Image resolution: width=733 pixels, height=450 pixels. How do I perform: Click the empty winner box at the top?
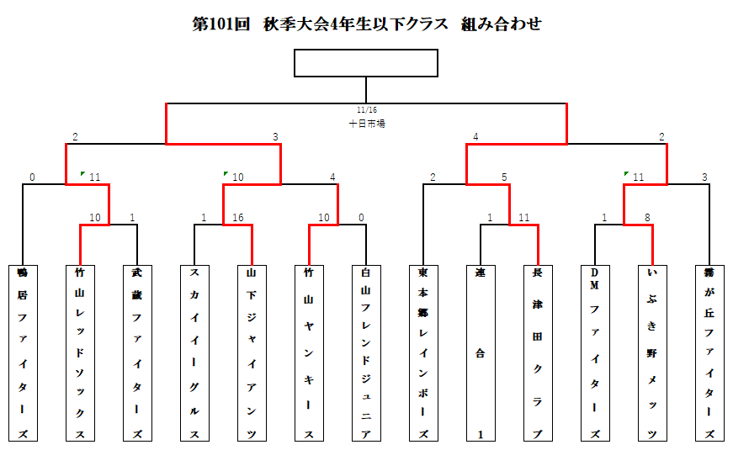[366, 63]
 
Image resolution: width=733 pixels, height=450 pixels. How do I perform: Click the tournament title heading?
[366, 24]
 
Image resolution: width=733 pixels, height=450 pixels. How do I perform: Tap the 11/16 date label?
[366, 109]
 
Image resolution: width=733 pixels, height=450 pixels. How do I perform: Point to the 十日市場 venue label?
[367, 123]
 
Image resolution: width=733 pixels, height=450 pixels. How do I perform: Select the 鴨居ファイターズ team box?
[23, 352]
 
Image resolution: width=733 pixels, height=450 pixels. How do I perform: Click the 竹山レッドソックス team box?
[80, 352]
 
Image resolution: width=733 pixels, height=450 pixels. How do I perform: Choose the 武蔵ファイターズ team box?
[137, 352]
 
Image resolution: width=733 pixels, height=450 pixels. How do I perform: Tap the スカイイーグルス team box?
[194, 352]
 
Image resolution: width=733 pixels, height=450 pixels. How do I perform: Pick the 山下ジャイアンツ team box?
[252, 352]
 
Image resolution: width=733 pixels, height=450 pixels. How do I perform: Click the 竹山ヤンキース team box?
[309, 352]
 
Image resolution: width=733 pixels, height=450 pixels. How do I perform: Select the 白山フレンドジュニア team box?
[366, 352]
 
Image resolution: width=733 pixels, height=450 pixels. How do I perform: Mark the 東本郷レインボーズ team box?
[423, 352]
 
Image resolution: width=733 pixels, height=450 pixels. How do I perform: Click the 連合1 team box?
[481, 352]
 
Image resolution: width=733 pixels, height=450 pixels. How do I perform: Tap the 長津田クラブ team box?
[538, 352]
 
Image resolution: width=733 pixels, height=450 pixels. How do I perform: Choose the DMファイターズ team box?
[595, 352]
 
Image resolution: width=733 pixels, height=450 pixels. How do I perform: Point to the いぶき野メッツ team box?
[652, 352]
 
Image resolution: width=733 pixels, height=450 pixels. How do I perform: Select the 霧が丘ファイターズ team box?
[709, 352]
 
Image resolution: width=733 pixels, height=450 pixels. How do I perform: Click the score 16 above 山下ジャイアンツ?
[237, 218]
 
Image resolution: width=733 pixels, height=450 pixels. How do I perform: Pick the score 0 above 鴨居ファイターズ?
[32, 177]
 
